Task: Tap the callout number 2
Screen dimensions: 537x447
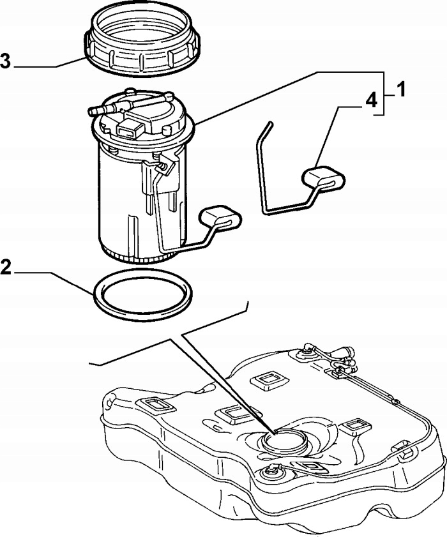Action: [6, 266]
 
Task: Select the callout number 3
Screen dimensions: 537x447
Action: [6, 61]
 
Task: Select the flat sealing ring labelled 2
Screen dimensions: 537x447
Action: [144, 294]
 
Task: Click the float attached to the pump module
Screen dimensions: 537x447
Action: [220, 217]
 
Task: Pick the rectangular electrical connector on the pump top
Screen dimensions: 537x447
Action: [128, 130]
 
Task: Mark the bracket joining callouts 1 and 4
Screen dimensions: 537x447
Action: [383, 93]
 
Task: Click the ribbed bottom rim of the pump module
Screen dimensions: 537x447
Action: [140, 253]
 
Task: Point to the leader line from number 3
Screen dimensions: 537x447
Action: [45, 66]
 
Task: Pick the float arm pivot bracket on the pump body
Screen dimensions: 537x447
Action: [165, 164]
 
